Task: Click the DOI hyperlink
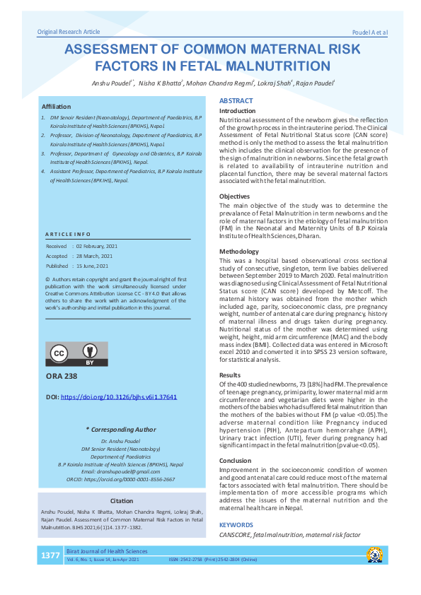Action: point(119,397)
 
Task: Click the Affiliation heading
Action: point(57,105)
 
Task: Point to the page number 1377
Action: point(50,555)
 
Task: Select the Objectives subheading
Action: point(234,196)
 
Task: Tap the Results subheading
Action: point(230,375)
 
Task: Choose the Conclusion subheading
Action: point(236,460)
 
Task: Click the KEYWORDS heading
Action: point(236,525)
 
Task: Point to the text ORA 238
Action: point(62,377)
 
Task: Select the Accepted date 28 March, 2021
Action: point(88,256)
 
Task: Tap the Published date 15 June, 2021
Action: point(87,266)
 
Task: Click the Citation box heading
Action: point(117,500)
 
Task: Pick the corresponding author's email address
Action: point(117,471)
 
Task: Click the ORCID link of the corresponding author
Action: point(117,479)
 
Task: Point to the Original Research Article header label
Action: point(69,32)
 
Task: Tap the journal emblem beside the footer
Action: point(374,555)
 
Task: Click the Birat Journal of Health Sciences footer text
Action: point(107,551)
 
